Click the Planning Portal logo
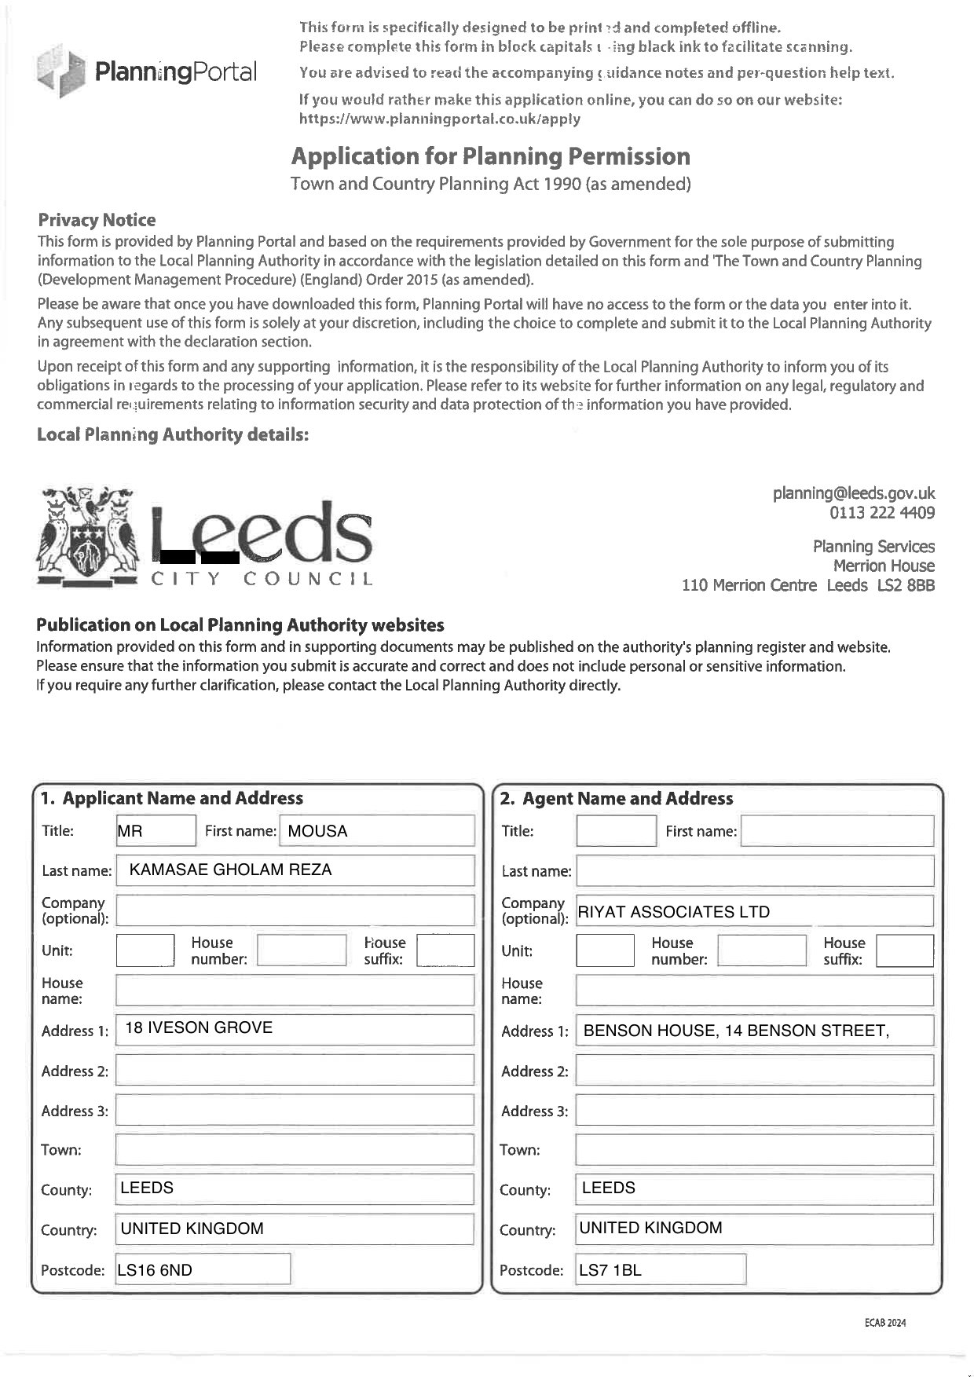pos(146,71)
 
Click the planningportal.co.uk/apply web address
pos(439,119)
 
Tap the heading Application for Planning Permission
pos(490,156)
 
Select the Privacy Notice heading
pos(97,220)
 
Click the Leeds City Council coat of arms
pos(87,537)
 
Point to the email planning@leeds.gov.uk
pos(853,493)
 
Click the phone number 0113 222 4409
pos(881,513)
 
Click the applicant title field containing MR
pos(156,831)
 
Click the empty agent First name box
pos(837,831)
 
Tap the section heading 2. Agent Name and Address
pos(617,799)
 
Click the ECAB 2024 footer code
pos(885,1323)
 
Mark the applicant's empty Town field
pos(295,1150)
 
